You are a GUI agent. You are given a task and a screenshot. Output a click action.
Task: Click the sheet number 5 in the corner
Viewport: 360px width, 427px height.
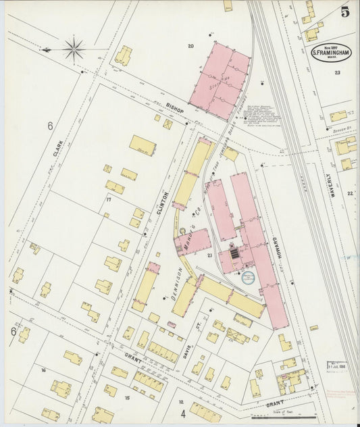click(345, 11)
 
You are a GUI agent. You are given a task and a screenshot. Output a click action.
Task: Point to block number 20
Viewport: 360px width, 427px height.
click(190, 46)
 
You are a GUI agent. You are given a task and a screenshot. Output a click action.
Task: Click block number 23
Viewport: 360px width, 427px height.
click(337, 91)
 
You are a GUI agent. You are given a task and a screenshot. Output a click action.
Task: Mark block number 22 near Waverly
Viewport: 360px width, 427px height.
click(349, 194)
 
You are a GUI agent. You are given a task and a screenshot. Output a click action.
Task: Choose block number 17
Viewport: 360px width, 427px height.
click(107, 200)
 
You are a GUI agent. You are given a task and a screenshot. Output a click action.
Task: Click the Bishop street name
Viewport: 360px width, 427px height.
click(175, 108)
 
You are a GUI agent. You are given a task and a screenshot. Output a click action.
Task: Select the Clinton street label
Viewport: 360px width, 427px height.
click(163, 203)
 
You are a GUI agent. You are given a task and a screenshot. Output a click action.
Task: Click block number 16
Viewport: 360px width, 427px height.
click(43, 370)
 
